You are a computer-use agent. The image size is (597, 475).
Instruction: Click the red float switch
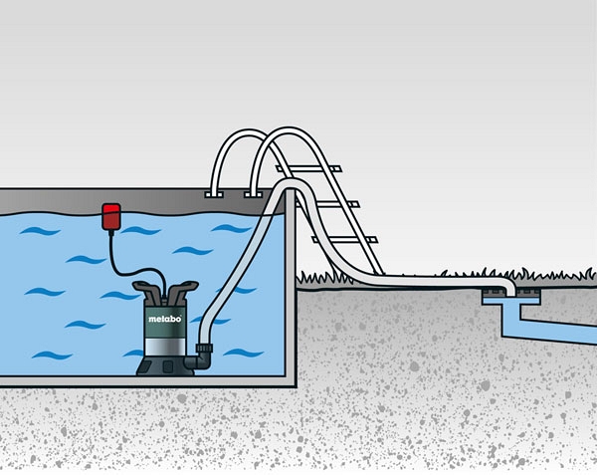click(x=111, y=216)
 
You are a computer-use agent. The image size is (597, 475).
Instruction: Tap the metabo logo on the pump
click(x=165, y=319)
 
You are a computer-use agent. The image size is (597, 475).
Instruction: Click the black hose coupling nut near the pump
click(x=203, y=348)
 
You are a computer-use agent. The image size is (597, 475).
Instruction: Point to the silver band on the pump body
click(x=164, y=347)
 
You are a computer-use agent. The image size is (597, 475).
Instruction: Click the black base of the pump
click(x=165, y=366)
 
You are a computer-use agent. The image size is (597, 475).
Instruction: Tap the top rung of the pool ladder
click(x=308, y=168)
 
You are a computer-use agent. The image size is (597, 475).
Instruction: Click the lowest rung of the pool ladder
click(x=344, y=240)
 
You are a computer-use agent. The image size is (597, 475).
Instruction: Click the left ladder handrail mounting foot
click(x=214, y=194)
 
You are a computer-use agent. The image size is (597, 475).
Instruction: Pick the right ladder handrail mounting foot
click(x=253, y=194)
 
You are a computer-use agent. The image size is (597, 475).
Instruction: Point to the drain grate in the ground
click(x=511, y=292)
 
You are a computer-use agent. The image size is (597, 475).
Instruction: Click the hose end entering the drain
click(x=510, y=290)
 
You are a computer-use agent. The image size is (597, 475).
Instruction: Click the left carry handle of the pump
click(x=147, y=290)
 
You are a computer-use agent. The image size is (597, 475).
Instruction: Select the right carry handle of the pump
click(x=183, y=290)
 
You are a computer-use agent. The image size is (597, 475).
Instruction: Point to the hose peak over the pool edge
click(x=289, y=184)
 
